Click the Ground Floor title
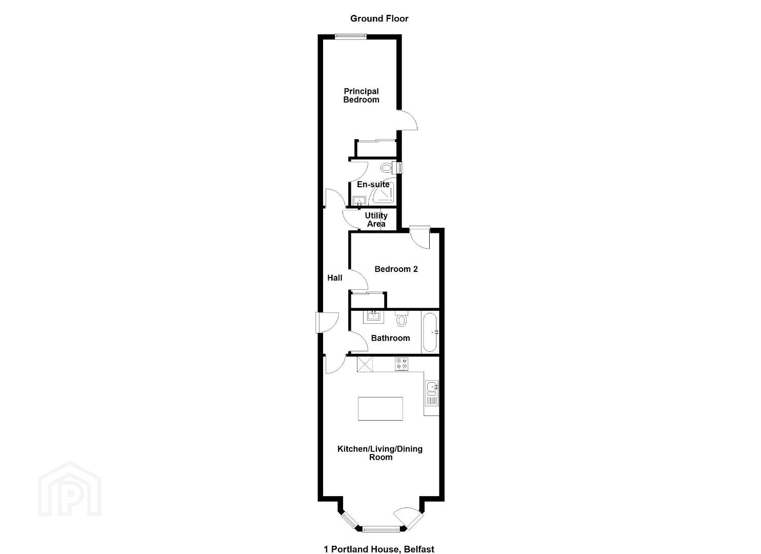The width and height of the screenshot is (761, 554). pyautogui.click(x=379, y=18)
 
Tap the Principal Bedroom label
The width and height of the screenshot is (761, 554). pyautogui.click(x=361, y=95)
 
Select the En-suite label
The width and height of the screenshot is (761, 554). pyautogui.click(x=373, y=184)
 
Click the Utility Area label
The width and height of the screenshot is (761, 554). pyautogui.click(x=376, y=220)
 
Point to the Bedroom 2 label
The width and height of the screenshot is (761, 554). pyautogui.click(x=396, y=269)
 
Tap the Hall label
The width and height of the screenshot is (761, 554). pyautogui.click(x=335, y=278)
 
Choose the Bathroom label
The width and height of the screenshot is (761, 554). pyautogui.click(x=390, y=338)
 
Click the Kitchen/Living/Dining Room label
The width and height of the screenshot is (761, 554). pyautogui.click(x=380, y=453)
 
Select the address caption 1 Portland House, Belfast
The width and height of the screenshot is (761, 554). pyautogui.click(x=379, y=540)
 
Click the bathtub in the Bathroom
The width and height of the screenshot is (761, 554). pyautogui.click(x=430, y=332)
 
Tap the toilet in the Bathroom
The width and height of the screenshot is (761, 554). pyautogui.click(x=402, y=319)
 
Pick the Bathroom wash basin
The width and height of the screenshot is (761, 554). pyautogui.click(x=373, y=316)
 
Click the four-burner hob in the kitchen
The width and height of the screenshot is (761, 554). pyautogui.click(x=402, y=364)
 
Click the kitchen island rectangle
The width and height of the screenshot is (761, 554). pyautogui.click(x=380, y=408)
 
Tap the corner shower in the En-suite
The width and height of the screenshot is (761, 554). pyautogui.click(x=383, y=192)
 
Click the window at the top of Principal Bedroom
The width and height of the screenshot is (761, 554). pyautogui.click(x=351, y=36)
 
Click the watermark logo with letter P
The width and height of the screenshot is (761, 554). pyautogui.click(x=69, y=489)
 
